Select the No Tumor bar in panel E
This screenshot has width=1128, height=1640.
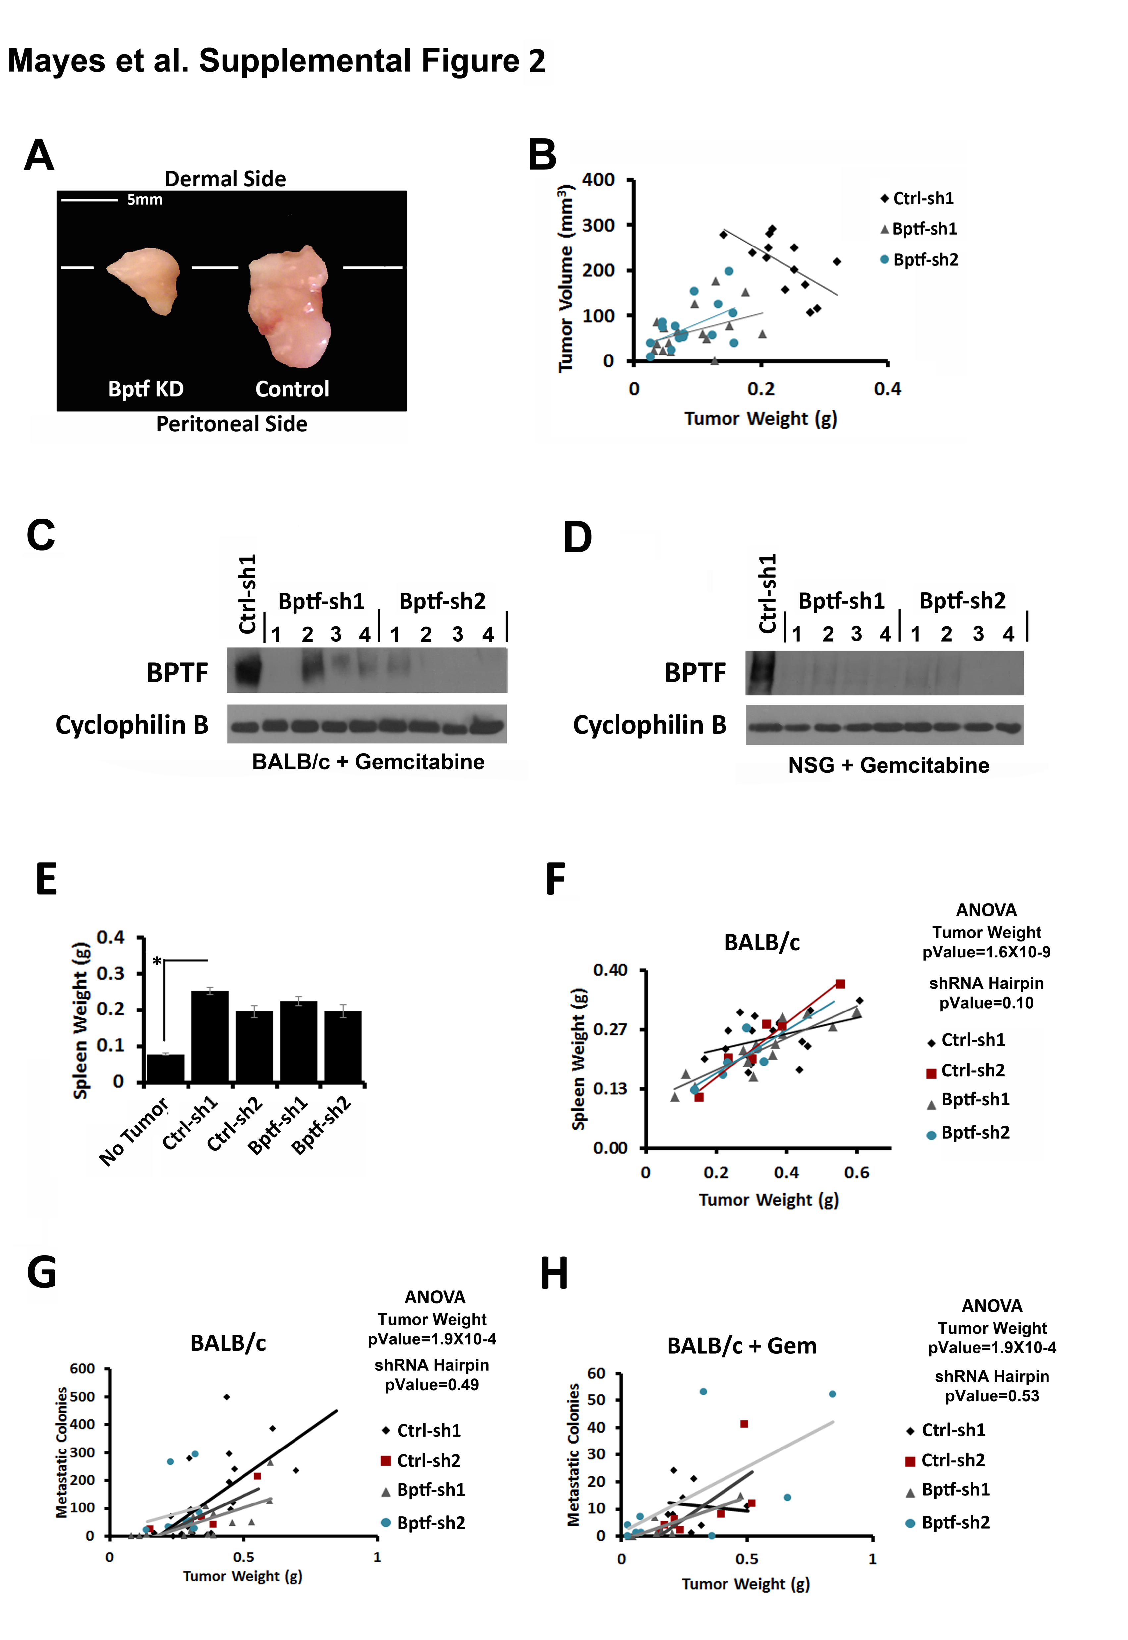click(165, 1068)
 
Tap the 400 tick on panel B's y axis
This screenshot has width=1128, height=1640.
click(598, 180)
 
